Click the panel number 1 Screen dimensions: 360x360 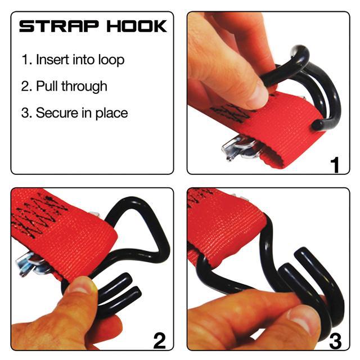tap(335, 164)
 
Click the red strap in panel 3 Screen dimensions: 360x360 tap(225, 231)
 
